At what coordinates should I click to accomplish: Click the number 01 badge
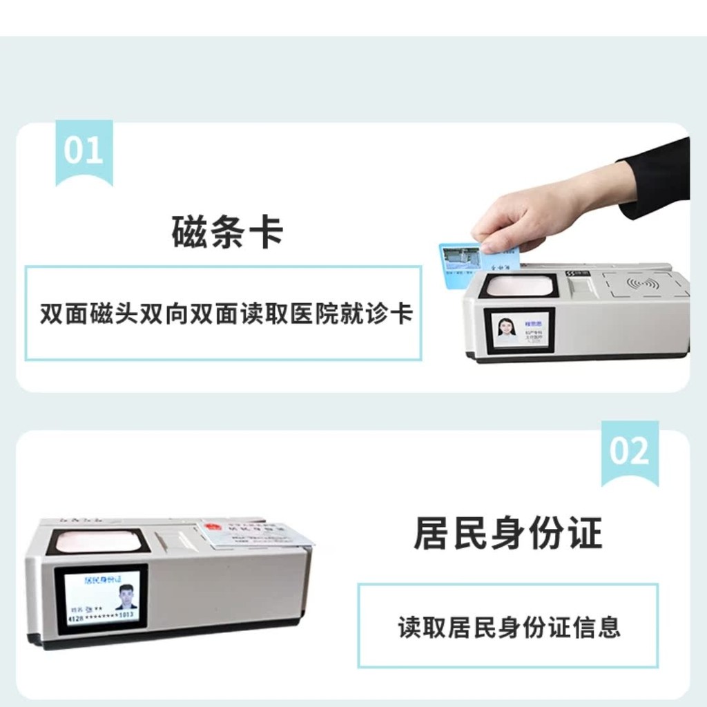click(x=83, y=151)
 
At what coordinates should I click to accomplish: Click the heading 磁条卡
click(x=227, y=232)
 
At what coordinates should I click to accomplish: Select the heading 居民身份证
click(x=507, y=534)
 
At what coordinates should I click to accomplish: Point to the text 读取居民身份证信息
click(x=508, y=627)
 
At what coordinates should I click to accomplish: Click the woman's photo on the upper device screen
click(x=507, y=330)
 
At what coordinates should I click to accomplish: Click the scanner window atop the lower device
click(x=98, y=542)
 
